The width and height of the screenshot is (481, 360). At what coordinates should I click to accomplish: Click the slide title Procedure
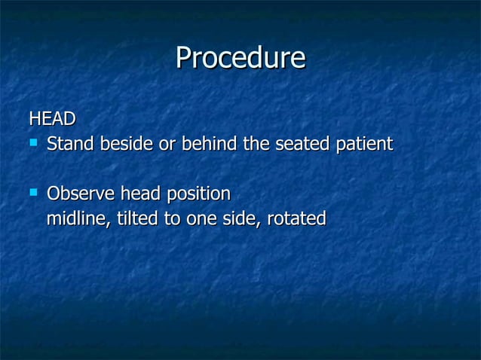coord(240,59)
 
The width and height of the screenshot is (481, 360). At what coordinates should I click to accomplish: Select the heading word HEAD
coord(52,119)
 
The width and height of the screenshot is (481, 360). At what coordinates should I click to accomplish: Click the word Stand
coord(69,143)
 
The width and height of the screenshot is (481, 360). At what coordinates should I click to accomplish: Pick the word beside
coord(126,143)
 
